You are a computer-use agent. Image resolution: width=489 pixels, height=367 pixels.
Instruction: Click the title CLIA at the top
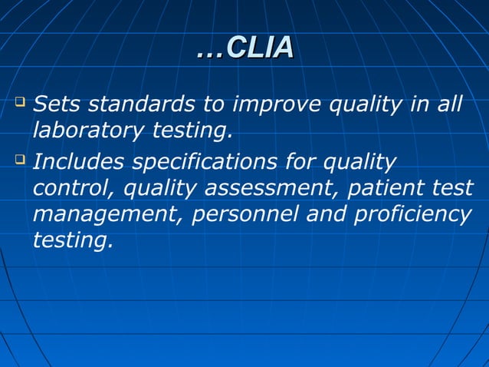[244, 48]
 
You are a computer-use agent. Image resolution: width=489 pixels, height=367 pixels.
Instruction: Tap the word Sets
[59, 103]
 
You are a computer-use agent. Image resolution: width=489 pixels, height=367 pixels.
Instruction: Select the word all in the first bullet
[450, 103]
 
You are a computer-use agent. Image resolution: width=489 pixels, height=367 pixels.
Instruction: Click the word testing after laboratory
[191, 132]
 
